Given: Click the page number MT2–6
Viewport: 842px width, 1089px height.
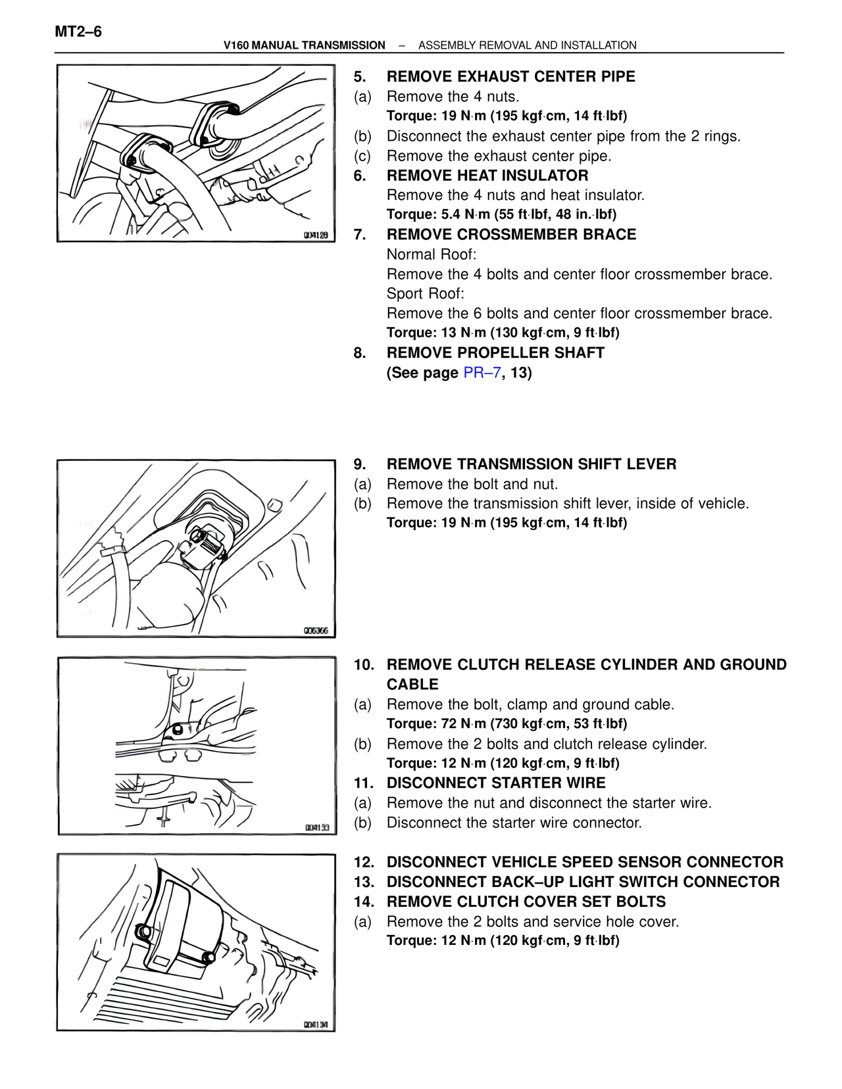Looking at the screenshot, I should click(x=78, y=32).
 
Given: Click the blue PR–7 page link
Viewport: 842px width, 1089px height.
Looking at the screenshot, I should click(x=482, y=373).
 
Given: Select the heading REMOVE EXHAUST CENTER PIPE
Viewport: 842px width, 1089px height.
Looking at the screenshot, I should click(x=510, y=77).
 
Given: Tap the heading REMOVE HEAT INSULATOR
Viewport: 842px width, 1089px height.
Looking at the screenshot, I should click(x=487, y=176).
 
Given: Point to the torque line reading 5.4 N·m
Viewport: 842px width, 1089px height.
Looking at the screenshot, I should click(x=501, y=214).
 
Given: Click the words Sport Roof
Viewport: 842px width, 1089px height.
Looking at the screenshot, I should click(x=425, y=293).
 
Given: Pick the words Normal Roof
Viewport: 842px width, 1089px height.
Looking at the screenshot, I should click(x=432, y=254).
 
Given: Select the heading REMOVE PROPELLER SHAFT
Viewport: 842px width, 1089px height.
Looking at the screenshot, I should click(x=495, y=353).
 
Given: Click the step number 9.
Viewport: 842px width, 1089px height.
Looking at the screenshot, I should click(x=360, y=464).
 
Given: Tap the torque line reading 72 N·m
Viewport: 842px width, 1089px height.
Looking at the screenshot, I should click(x=507, y=724).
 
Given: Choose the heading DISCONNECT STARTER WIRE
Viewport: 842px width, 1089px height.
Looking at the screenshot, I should click(x=496, y=783).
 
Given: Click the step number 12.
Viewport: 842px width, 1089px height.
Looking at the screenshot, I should click(x=364, y=862).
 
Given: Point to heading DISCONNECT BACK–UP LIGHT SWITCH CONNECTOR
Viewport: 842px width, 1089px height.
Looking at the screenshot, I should click(x=583, y=882).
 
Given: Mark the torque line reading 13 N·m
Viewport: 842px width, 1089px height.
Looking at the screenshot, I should click(x=503, y=333).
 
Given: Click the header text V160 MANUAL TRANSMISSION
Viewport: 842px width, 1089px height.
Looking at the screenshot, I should click(x=304, y=45).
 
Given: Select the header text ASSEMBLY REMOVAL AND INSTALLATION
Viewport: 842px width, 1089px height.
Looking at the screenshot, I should click(x=527, y=45).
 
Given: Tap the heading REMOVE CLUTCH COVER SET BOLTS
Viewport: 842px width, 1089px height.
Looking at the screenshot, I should click(x=526, y=902).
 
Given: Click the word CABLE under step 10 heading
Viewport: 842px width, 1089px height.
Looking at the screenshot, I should click(x=412, y=685).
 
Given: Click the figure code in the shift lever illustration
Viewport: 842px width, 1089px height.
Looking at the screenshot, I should click(x=316, y=631).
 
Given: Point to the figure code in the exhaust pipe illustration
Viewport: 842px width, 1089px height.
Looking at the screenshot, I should click(x=316, y=235).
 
